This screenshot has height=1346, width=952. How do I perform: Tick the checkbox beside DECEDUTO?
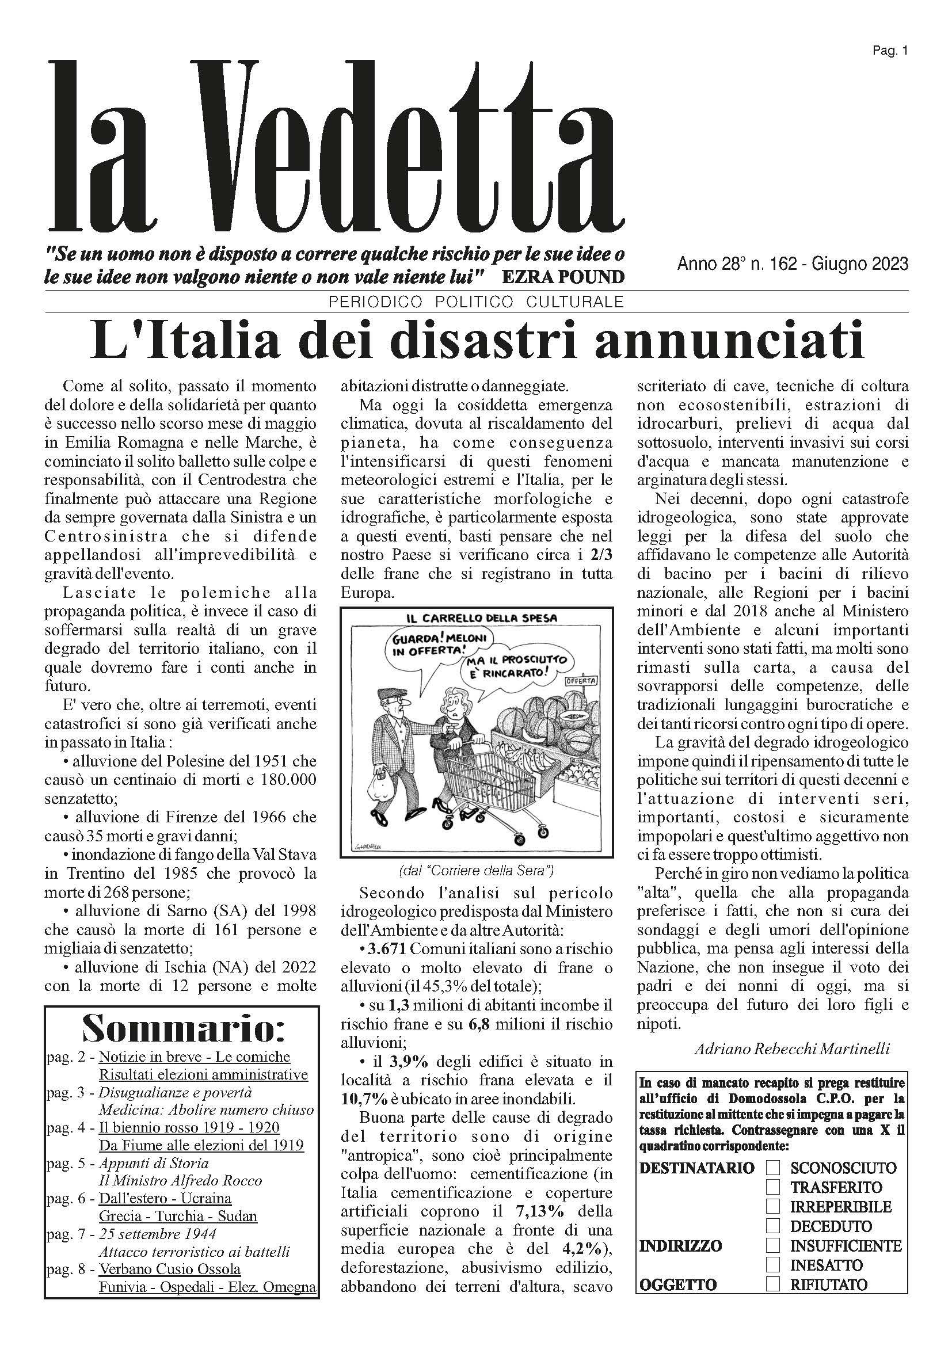click(x=773, y=1226)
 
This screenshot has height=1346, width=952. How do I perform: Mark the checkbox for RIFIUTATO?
click(x=773, y=1284)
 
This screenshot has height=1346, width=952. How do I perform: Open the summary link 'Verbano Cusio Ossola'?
click(x=169, y=1269)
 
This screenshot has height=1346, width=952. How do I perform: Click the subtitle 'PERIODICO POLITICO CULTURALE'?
click(x=476, y=302)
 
